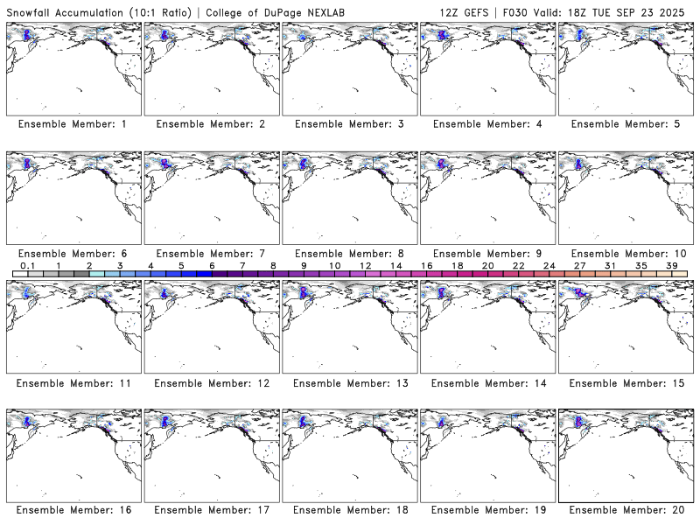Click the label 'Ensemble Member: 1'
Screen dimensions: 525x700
[72, 124]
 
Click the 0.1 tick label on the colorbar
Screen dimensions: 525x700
[28, 265]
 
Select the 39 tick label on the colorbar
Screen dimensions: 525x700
[671, 265]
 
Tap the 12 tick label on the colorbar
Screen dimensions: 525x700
[365, 265]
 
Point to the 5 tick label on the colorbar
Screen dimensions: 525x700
[181, 265]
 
